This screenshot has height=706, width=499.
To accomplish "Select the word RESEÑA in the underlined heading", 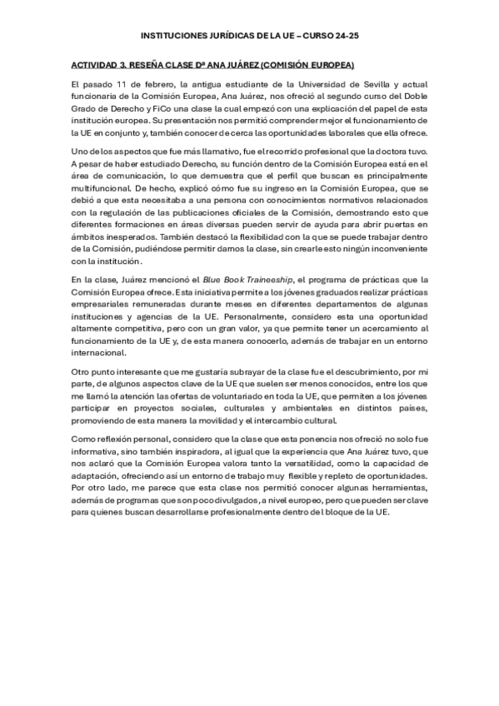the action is (x=146, y=64).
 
